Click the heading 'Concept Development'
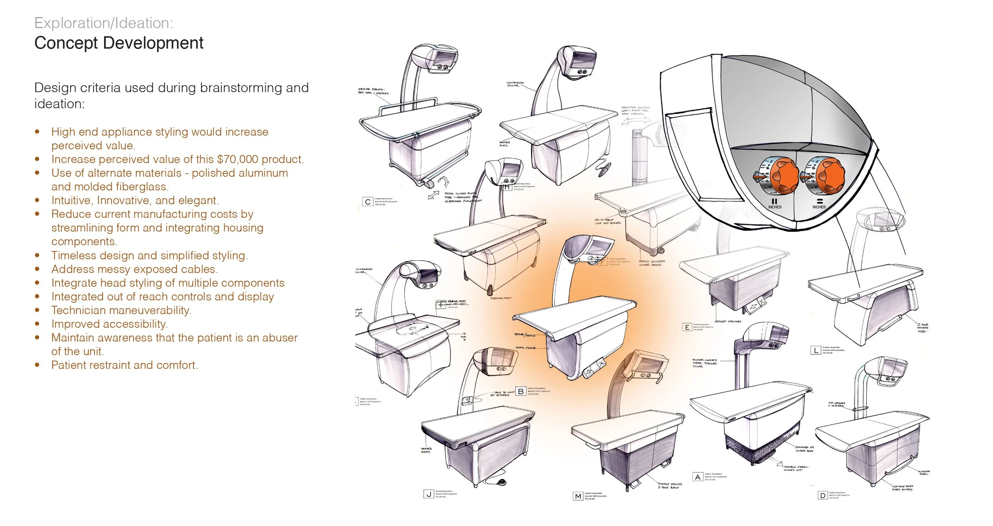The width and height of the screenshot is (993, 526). tap(119, 43)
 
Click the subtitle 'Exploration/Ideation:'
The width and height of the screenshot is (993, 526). tap(104, 23)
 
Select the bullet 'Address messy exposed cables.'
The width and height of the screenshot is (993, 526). tap(134, 269)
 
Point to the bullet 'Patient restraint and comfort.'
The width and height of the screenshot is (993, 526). tap(124, 365)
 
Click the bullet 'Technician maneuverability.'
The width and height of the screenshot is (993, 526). tap(121, 310)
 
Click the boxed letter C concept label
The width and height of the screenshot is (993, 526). tap(367, 202)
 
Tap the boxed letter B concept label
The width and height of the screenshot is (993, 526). tap(520, 391)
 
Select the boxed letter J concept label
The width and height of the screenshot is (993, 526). tap(428, 494)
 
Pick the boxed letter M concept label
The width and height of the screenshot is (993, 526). tap(578, 496)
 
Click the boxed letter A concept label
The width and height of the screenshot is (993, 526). tap(697, 477)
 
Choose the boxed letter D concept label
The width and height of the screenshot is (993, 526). tap(823, 495)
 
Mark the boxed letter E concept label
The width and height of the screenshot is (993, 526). tap(687, 327)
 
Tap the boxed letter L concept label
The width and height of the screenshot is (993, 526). tap(815, 350)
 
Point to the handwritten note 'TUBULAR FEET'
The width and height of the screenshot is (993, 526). tap(501, 298)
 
